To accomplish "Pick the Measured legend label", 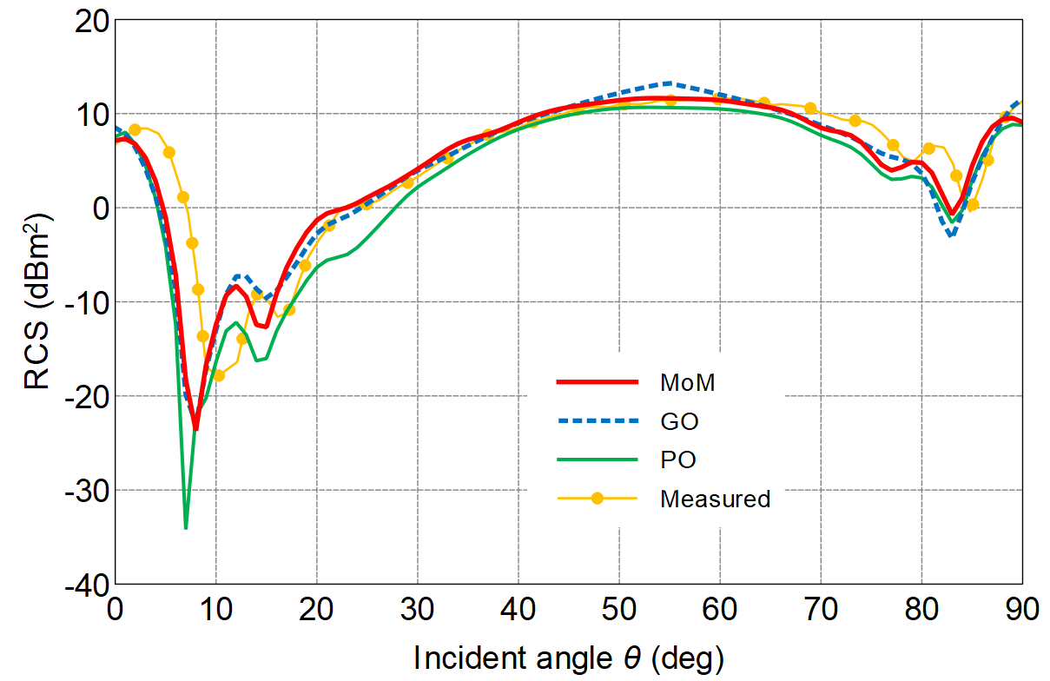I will point(715,499).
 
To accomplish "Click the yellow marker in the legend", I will point(597,499).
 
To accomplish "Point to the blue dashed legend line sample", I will point(597,421).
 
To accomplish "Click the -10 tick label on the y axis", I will point(87,302).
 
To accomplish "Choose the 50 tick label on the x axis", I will point(618,609).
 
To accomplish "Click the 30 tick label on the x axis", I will point(417,609).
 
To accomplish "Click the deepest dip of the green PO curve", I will point(186,527).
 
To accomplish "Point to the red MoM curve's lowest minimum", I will point(195,427).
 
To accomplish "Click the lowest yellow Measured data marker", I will point(219,375).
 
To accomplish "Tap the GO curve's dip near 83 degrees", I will point(951,235).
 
